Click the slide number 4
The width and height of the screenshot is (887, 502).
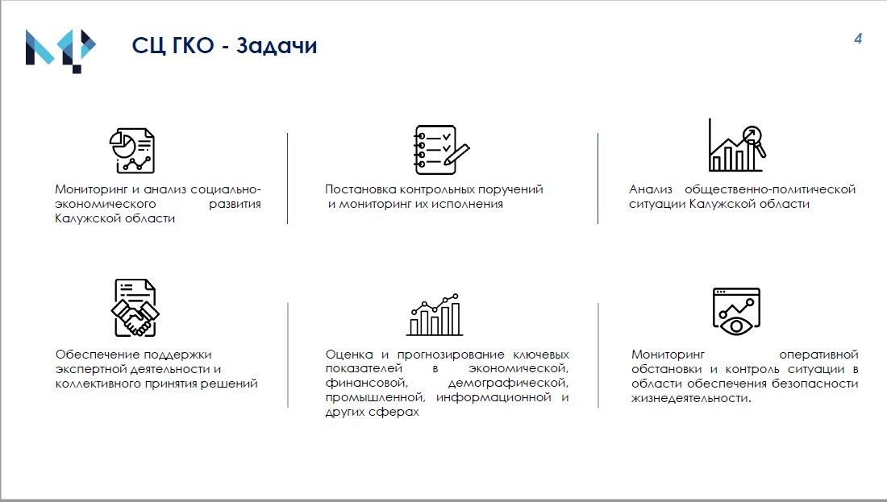858,39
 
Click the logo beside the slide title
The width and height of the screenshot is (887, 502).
60,51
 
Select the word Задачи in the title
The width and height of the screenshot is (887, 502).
277,45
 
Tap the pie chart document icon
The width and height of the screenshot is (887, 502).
131,151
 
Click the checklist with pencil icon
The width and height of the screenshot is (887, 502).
442,150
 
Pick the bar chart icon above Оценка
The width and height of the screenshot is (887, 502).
435,315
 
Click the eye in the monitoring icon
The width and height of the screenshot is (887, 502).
736,326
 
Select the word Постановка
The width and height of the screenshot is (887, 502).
360,189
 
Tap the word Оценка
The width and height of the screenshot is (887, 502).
349,355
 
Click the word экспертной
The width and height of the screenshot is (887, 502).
91,369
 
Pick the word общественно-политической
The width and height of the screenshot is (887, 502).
770,189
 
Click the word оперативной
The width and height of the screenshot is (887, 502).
818,355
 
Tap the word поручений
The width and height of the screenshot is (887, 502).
513,189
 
